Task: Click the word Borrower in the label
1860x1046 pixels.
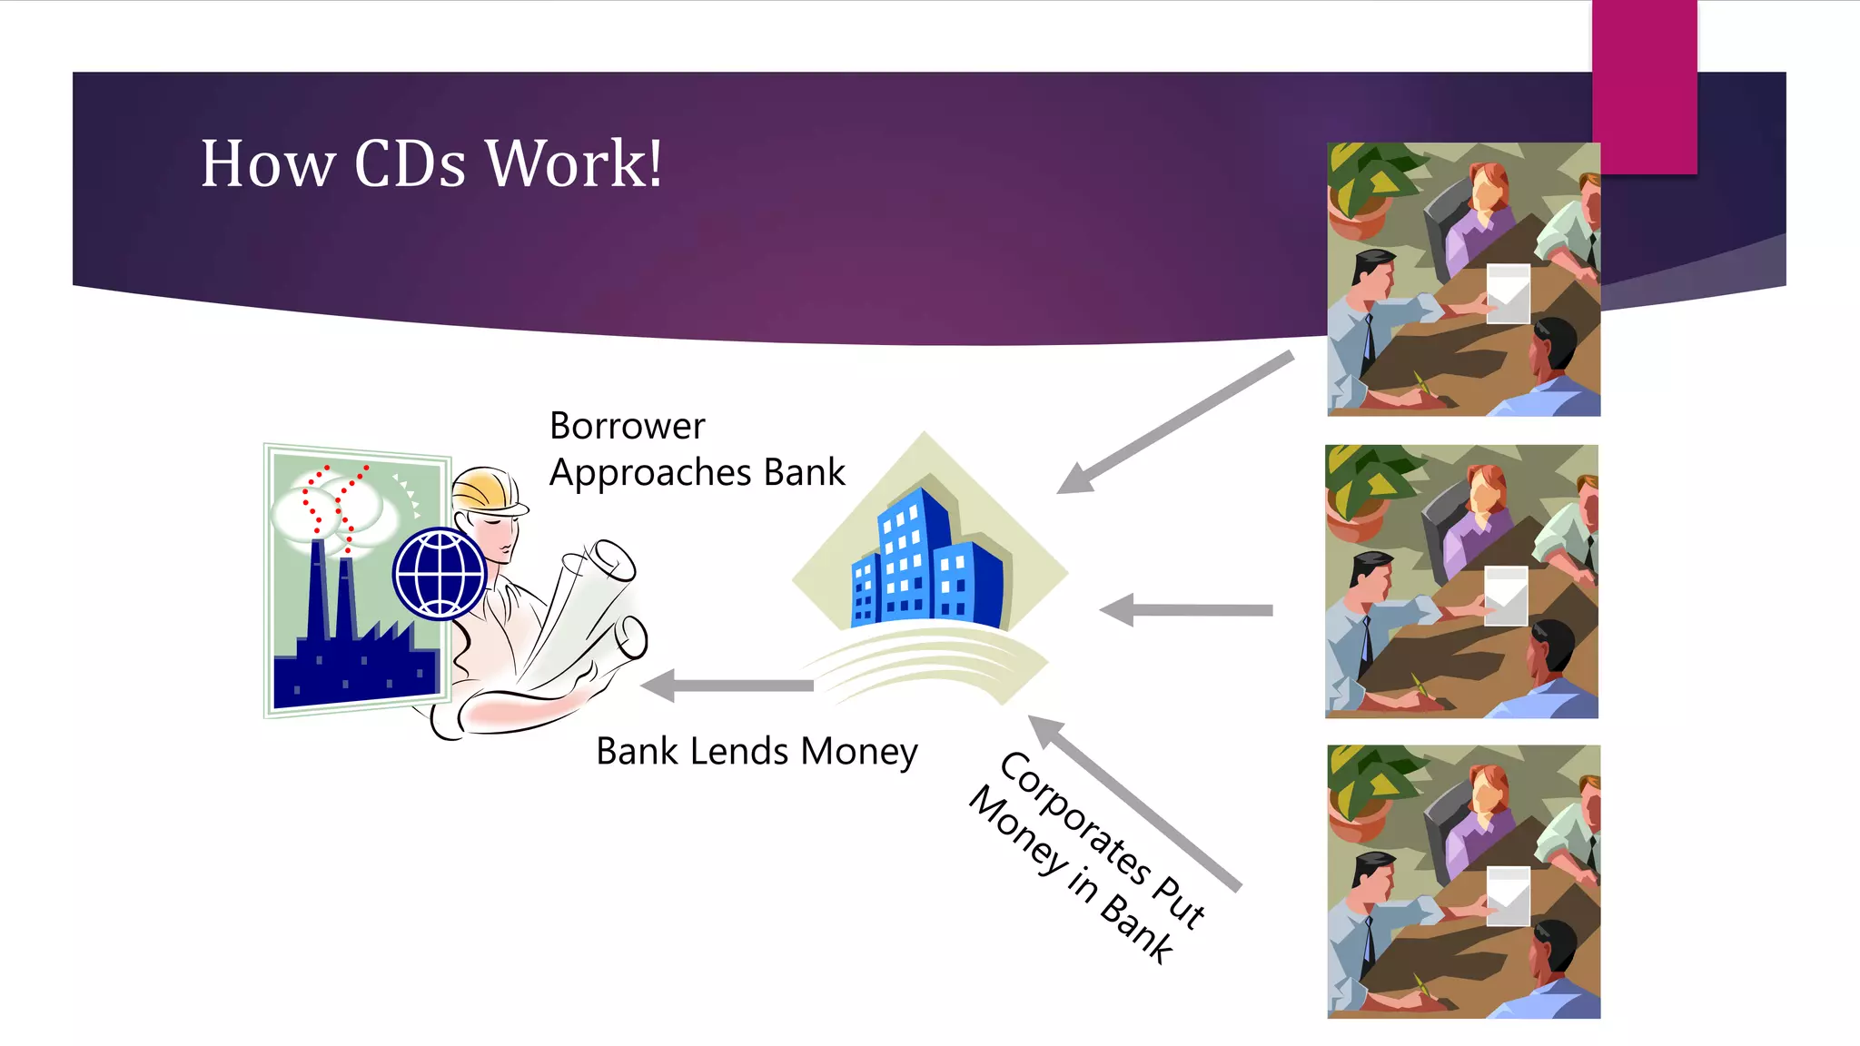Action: click(x=627, y=426)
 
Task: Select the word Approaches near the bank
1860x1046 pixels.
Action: click(x=650, y=473)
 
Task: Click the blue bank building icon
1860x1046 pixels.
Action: click(x=926, y=563)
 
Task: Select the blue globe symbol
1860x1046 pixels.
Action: click(x=440, y=574)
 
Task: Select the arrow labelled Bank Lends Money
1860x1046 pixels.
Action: click(x=727, y=686)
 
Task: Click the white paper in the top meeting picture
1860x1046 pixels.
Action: click(x=1508, y=293)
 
